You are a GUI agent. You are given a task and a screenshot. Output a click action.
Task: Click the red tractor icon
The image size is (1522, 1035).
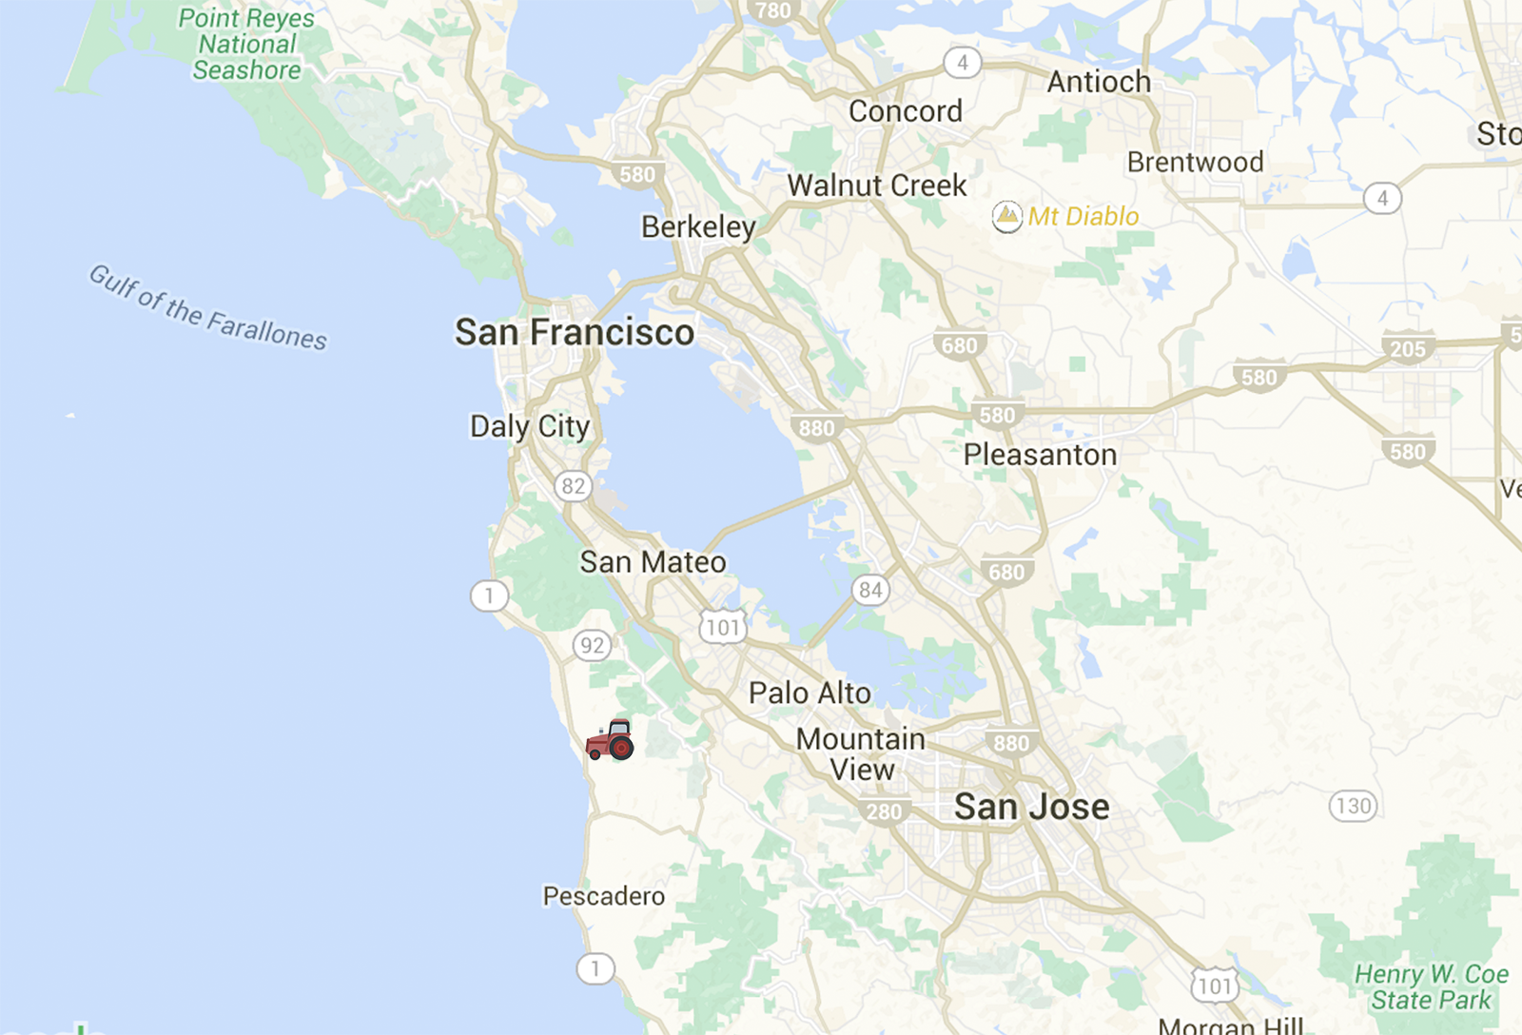pos(611,740)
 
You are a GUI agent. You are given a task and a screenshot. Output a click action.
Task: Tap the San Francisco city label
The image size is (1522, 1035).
pos(575,333)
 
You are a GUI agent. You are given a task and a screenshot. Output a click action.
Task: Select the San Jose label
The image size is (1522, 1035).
pos(1031,807)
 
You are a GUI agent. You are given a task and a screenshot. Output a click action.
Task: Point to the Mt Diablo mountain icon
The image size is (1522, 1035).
pos(1006,217)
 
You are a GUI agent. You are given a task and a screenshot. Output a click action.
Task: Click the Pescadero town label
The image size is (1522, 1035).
pos(603,896)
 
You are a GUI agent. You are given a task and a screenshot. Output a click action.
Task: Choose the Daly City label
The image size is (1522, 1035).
pos(530,426)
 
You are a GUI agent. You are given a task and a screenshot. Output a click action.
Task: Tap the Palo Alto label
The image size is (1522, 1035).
pos(810,693)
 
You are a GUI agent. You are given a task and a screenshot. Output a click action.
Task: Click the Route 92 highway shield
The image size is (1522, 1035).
pos(592,645)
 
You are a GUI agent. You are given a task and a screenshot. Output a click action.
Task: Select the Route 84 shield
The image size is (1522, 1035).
pos(869,590)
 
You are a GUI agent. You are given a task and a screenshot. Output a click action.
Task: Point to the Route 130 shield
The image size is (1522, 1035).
pos(1353,807)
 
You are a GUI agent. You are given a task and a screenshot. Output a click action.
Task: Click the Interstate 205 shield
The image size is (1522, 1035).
pos(1408,348)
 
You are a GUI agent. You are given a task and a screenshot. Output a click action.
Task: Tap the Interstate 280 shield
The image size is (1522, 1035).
pos(884,811)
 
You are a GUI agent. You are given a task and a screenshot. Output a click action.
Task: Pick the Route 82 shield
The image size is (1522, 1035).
pos(573,486)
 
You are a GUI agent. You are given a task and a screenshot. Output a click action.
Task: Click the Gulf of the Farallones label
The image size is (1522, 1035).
pos(207,307)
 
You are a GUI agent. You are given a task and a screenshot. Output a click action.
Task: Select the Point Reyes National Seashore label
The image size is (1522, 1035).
pos(246,45)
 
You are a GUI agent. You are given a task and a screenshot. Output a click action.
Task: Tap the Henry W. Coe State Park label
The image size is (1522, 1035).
pos(1431,987)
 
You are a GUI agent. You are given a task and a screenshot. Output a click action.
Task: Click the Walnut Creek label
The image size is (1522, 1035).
pos(876,186)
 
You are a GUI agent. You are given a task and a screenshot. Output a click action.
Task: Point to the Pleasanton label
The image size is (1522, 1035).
pos(1040,455)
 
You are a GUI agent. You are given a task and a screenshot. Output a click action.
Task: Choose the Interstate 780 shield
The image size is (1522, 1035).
pos(772,10)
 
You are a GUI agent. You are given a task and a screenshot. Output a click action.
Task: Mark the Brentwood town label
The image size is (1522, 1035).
pos(1195,163)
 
